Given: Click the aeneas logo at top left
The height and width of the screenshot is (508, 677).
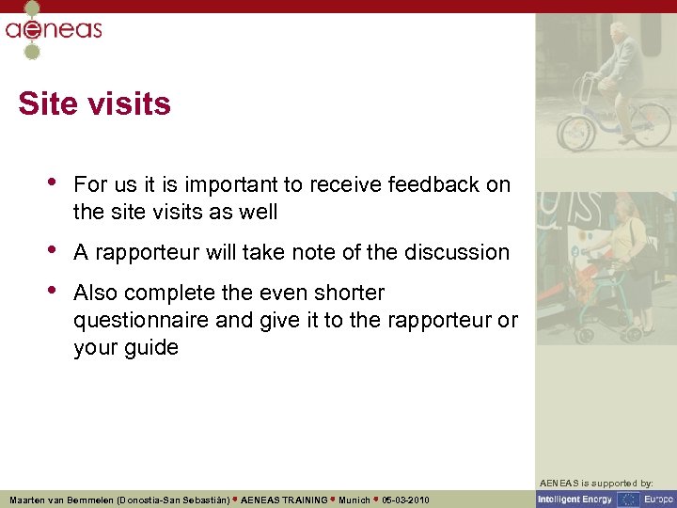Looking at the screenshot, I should point(53,28).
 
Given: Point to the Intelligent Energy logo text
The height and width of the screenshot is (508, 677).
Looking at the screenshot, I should point(575,499).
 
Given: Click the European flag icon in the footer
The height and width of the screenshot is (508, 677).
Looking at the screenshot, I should point(627,499).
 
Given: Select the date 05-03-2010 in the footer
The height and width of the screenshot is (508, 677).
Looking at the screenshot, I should point(406,500).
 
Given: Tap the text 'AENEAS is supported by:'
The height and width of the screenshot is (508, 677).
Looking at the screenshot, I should point(606,483).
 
